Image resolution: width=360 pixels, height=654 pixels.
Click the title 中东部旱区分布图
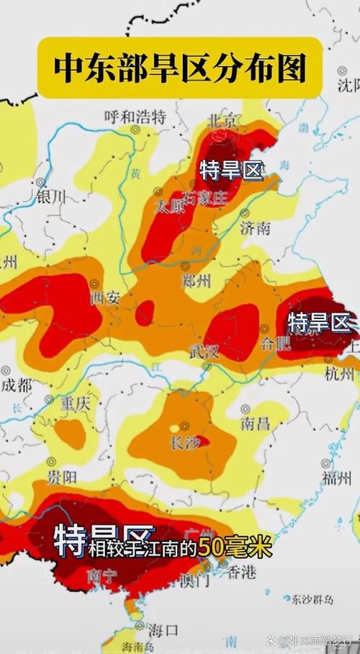180,68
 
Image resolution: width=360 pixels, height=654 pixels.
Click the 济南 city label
256,229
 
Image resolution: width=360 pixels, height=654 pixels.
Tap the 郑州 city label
195,280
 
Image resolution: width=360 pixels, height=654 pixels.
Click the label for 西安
104,297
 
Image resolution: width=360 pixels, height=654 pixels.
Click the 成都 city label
16,385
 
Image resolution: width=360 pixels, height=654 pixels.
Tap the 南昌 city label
256,423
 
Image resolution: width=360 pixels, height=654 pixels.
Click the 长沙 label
184,444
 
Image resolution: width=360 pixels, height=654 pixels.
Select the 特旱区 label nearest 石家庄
231,171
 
